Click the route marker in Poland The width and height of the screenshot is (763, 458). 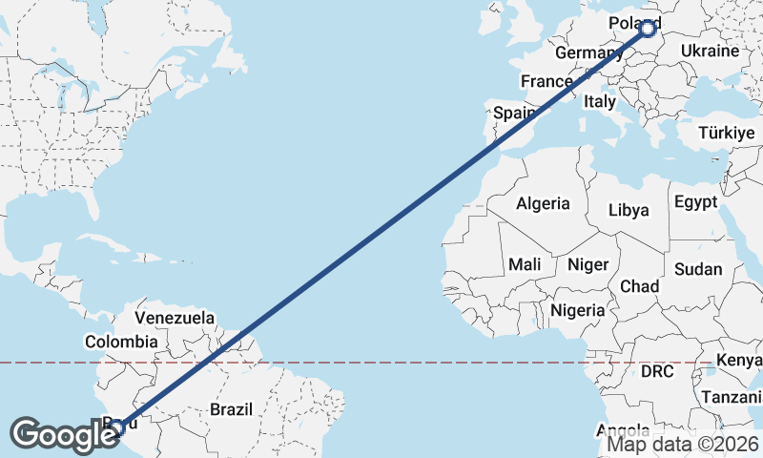tap(649, 29)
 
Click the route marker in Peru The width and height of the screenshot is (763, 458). tap(115, 427)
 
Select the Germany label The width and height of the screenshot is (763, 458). tap(588, 52)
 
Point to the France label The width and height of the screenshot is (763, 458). tap(546, 82)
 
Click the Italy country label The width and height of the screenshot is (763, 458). tap(600, 101)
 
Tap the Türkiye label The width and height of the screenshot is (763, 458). tap(727, 133)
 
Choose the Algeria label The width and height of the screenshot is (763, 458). tap(543, 203)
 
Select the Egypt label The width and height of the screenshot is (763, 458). tap(694, 202)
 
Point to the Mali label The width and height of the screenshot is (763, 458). tap(526, 263)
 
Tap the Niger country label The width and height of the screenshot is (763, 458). tap(588, 263)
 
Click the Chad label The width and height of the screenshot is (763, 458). tap(639, 286)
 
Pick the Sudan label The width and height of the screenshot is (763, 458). tap(697, 269)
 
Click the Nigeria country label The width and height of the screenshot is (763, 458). tap(577, 310)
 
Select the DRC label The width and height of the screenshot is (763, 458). tap(657, 370)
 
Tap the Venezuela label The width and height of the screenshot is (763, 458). tap(175, 317)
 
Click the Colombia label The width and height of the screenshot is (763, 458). tap(121, 342)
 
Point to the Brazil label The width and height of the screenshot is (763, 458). tap(231, 409)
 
